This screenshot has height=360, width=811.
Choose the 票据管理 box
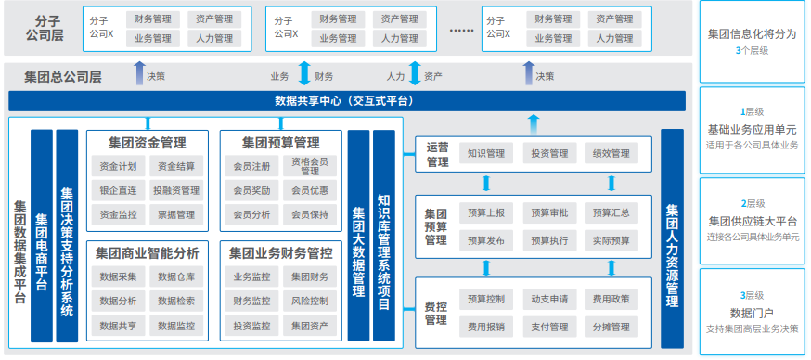176,214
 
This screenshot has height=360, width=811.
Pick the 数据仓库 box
176,276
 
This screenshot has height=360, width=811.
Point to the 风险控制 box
310,301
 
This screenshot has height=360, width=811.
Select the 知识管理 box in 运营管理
485,153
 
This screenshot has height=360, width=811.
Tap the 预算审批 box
549,213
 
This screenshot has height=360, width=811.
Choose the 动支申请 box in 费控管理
549,300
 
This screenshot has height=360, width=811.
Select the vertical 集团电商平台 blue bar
42,237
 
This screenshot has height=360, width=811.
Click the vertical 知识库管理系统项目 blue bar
383,237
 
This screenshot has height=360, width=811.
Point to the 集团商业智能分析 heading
148,252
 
